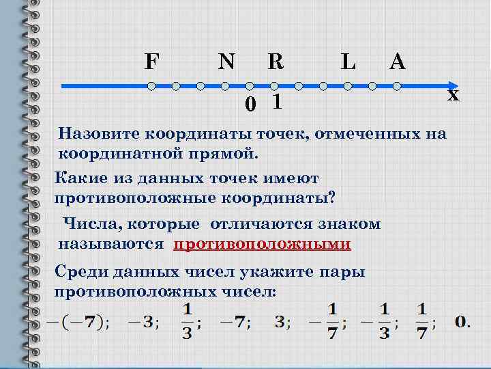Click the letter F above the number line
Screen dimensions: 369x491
click(x=151, y=62)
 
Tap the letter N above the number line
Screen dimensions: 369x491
click(x=226, y=62)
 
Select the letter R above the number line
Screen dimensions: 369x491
click(x=275, y=62)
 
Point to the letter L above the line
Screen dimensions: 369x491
click(x=348, y=62)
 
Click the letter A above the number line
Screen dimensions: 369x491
click(x=398, y=62)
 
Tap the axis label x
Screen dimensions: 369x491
click(x=453, y=96)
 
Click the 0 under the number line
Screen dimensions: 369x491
click(x=251, y=105)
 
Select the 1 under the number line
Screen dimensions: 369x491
click(x=276, y=102)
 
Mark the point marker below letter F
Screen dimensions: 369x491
click(x=151, y=87)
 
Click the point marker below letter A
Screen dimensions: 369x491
click(x=398, y=87)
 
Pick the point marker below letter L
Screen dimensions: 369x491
click(x=348, y=87)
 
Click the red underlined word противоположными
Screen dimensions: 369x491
click(x=262, y=245)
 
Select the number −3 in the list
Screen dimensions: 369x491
click(x=145, y=321)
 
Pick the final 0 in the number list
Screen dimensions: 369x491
click(x=462, y=321)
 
